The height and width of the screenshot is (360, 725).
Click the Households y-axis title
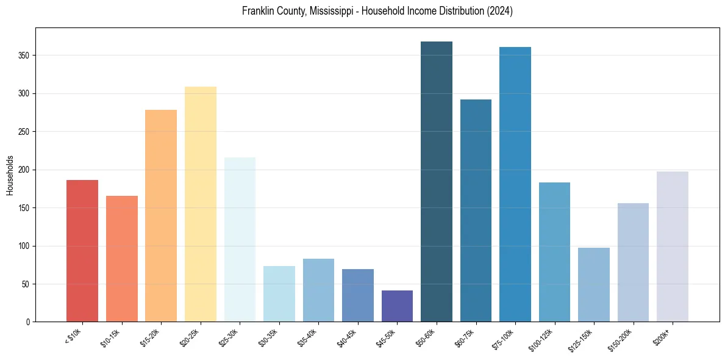click(x=10, y=175)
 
